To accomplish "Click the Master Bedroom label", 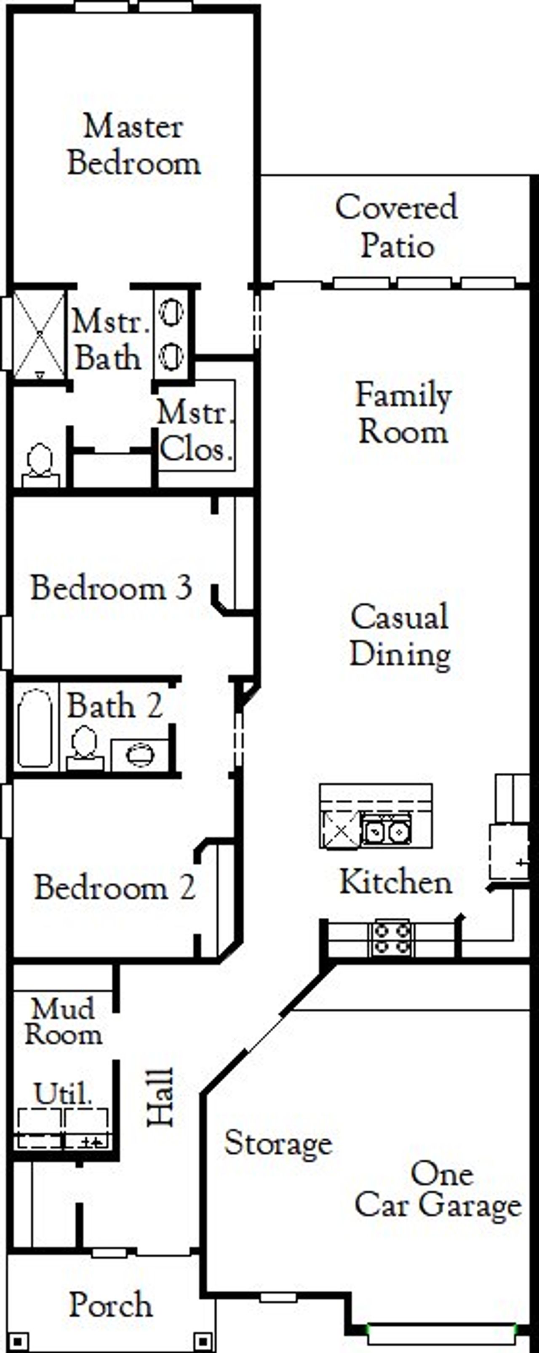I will (134, 145).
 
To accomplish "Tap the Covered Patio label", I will (397, 226).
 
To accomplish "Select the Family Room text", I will (403, 413).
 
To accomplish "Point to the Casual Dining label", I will (400, 635).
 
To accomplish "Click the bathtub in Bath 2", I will (35, 728).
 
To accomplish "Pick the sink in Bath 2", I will (140, 755).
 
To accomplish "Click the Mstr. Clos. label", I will (195, 431).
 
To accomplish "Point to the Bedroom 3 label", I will (111, 587).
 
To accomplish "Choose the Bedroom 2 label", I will (115, 888).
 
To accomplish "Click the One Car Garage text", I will (439, 1190).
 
